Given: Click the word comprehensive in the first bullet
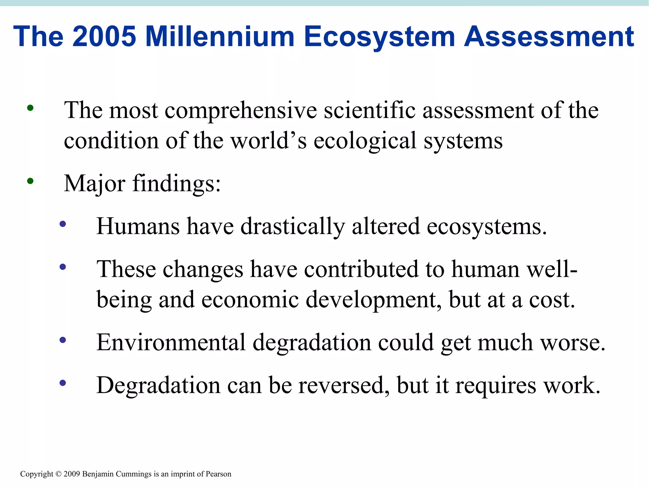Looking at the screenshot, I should point(241,111).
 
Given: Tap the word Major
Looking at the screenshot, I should point(94,184).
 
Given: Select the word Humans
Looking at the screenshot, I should point(138,226).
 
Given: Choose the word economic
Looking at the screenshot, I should point(250,300).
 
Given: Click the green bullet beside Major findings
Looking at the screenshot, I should point(30,181).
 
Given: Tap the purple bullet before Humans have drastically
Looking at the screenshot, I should point(63,224).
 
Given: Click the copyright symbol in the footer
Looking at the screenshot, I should point(58,474).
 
